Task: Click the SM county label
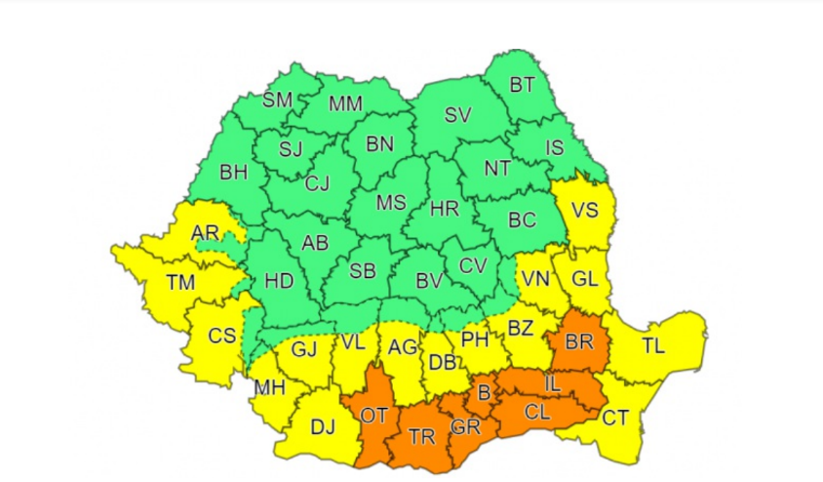pyautogui.click(x=278, y=100)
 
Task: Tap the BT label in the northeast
pyautogui.click(x=523, y=85)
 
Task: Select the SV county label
pyautogui.click(x=457, y=115)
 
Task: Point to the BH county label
pyautogui.click(x=234, y=173)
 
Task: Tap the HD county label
pyautogui.click(x=279, y=281)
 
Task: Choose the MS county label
pyautogui.click(x=391, y=203)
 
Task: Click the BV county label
pyautogui.click(x=430, y=281)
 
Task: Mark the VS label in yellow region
pyautogui.click(x=584, y=211)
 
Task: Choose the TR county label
pyautogui.click(x=421, y=437)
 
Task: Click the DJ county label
pyautogui.click(x=322, y=426)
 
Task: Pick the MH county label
pyautogui.click(x=268, y=388)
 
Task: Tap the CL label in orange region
pyautogui.click(x=536, y=412)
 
